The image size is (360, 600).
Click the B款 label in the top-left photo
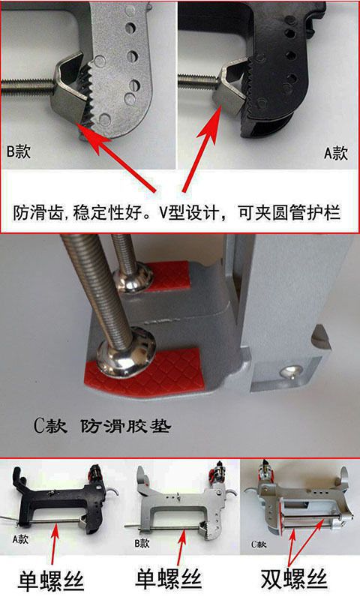pos(18,151)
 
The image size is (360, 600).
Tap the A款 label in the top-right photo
pos(336,154)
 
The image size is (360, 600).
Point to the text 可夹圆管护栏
pos(289,213)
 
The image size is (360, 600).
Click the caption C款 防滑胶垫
pos(102,425)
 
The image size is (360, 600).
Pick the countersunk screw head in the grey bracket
pos(290,370)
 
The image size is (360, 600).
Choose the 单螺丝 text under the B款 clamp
pos(168,578)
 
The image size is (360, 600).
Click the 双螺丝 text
pos(294,578)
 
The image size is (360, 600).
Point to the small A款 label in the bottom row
pos(20,539)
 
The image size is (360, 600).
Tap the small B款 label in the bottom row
pos(142,543)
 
